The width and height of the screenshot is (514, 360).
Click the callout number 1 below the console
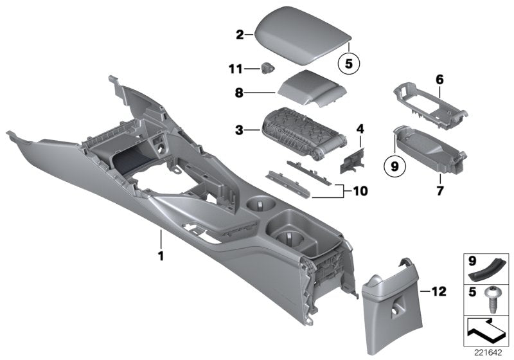(x=161, y=256)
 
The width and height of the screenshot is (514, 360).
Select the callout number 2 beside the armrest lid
(x=240, y=35)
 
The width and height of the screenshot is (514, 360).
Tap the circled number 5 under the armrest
(x=350, y=64)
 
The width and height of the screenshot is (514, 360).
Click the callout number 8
(x=240, y=93)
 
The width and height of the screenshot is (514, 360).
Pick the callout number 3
(x=240, y=130)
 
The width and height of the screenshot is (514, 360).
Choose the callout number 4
(x=360, y=129)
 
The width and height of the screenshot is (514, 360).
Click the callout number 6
(x=439, y=79)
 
